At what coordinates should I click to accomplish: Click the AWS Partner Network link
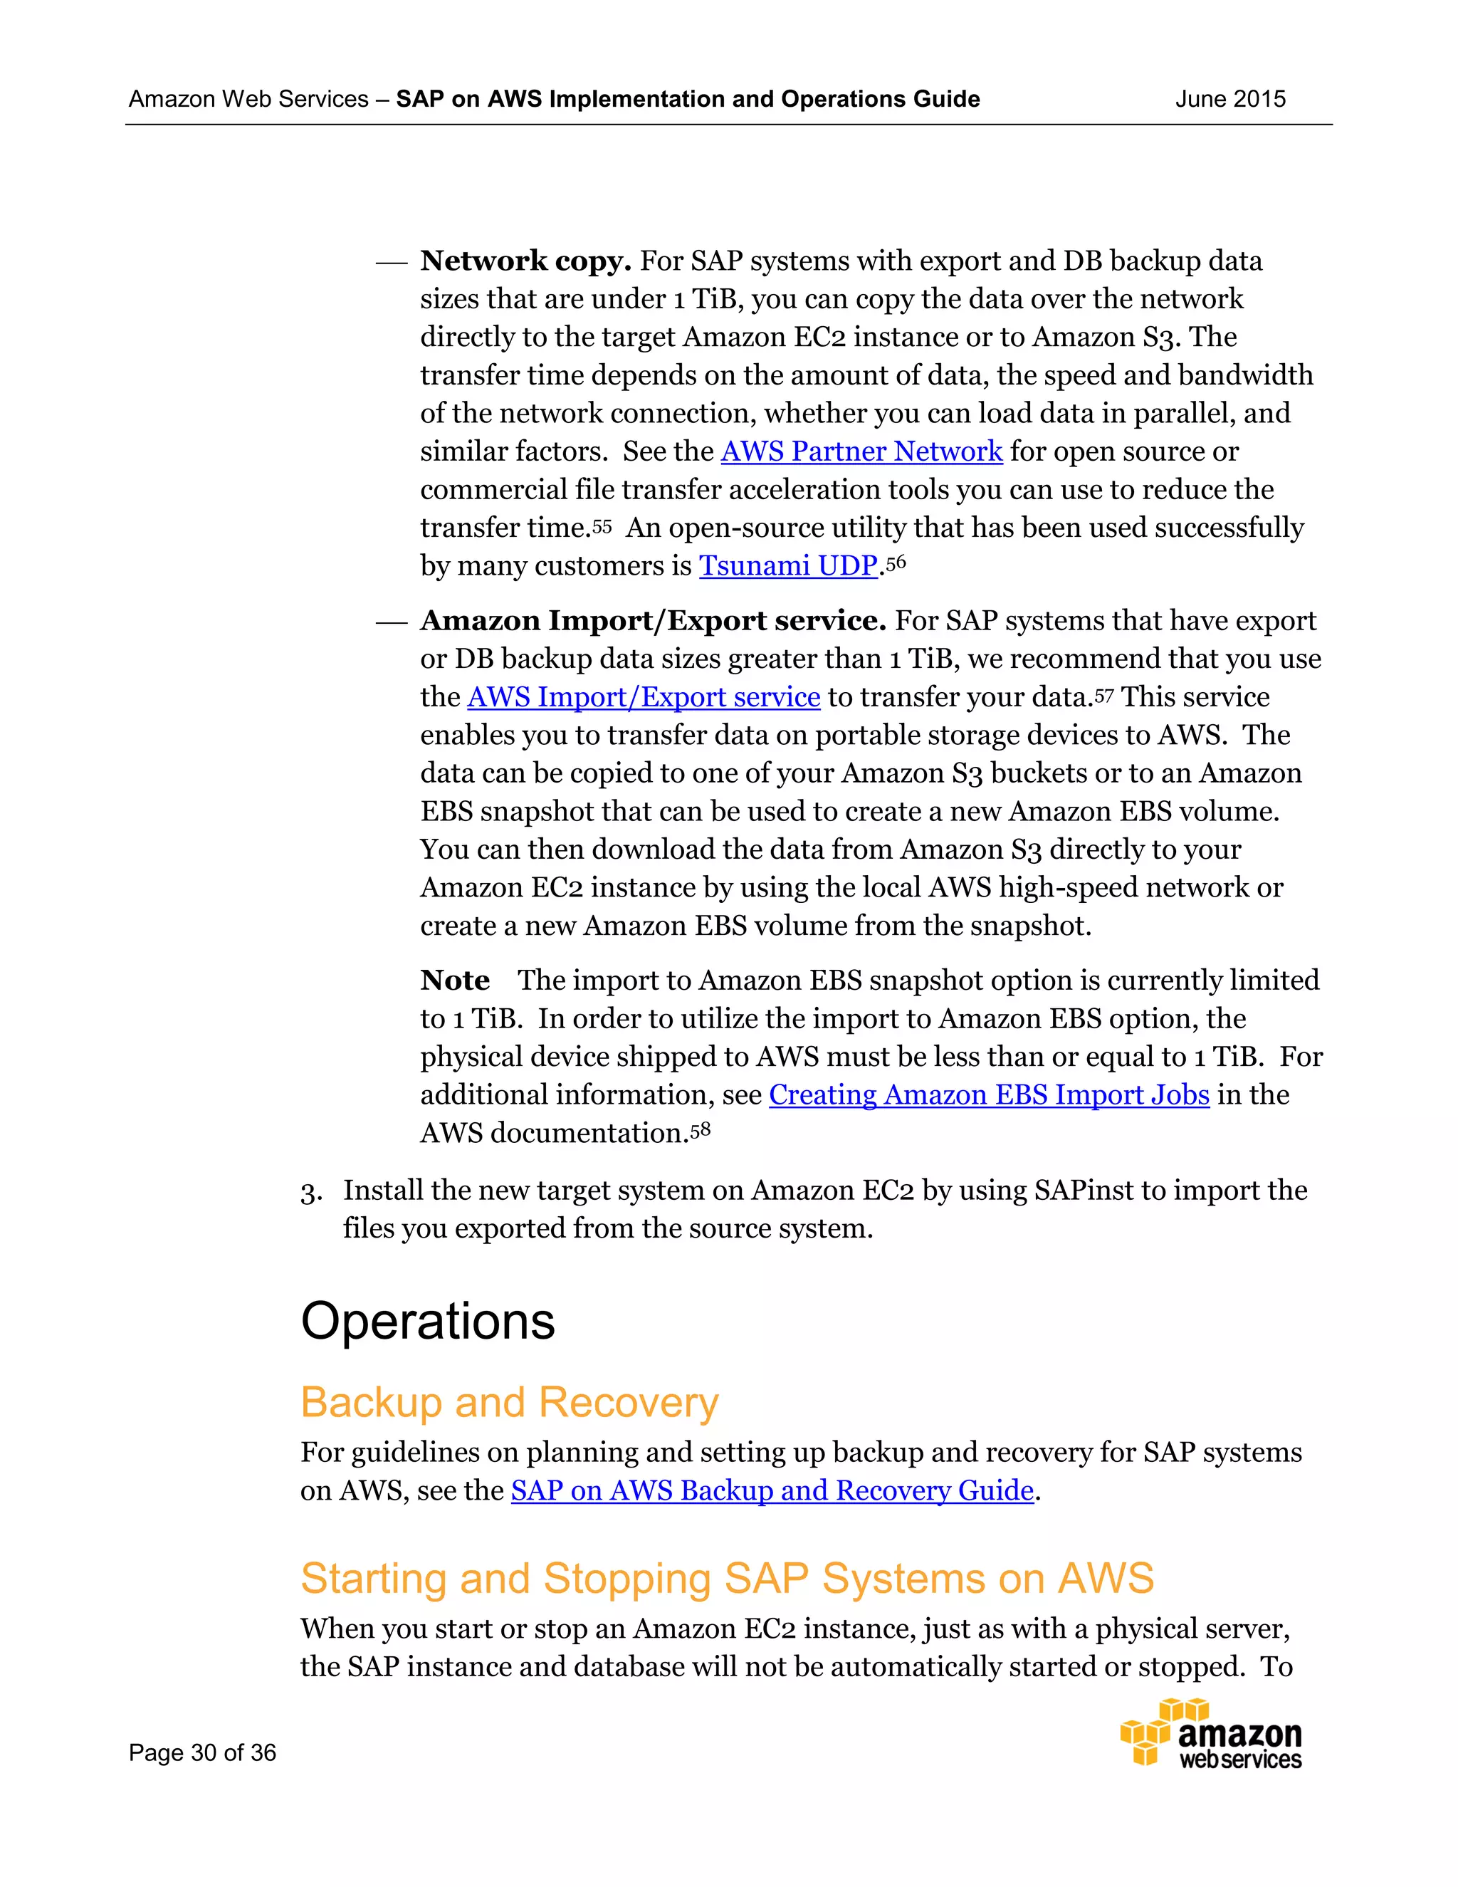tap(861, 452)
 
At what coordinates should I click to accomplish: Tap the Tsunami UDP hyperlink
tap(788, 566)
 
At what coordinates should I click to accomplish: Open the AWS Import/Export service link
tap(644, 697)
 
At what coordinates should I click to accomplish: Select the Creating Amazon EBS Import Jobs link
tap(989, 1096)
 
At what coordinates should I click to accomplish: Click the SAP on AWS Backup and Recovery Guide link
tap(772, 1491)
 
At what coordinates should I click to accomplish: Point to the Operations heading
tap(428, 1321)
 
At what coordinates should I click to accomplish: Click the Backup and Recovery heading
tap(510, 1402)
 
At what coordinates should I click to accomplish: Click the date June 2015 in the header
tap(1230, 100)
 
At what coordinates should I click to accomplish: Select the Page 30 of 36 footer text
tap(202, 1752)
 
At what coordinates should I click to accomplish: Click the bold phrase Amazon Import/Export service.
tap(653, 621)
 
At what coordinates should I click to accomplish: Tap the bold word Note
tap(454, 981)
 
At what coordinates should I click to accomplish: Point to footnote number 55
tap(602, 526)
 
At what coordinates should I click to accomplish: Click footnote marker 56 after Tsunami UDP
tap(896, 563)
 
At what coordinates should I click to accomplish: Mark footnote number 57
tap(1104, 695)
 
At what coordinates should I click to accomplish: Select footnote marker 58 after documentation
tap(701, 1130)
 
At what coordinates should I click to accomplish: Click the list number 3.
tap(310, 1192)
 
